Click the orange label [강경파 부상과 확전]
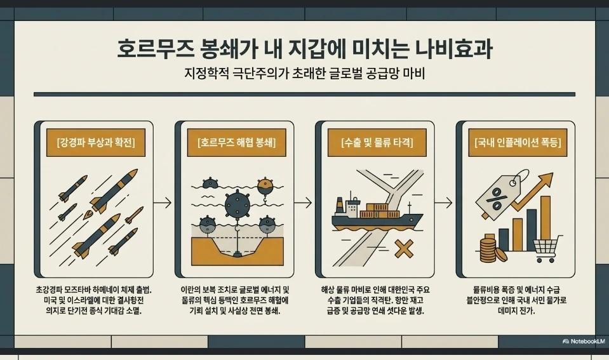[x=95, y=142]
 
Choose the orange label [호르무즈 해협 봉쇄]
[x=236, y=142]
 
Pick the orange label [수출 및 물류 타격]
[x=377, y=142]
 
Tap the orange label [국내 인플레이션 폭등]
[x=518, y=142]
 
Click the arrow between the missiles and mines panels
[x=163, y=203]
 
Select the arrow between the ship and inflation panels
[x=443, y=203]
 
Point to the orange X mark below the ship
[x=404, y=248]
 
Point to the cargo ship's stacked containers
[x=380, y=211]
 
